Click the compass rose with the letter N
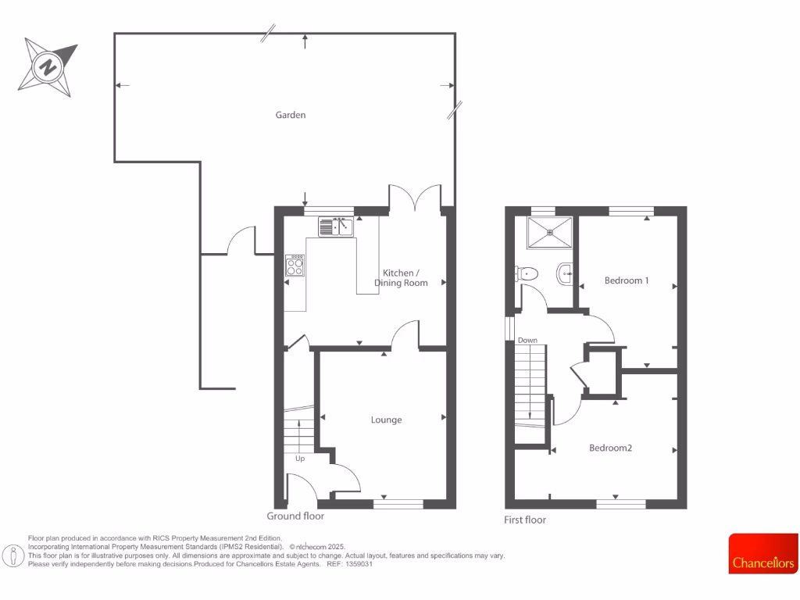click(x=48, y=66)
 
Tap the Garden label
click(x=291, y=115)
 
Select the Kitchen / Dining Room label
click(x=401, y=277)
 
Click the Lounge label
click(x=386, y=420)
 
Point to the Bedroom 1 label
click(x=627, y=280)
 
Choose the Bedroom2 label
click(x=610, y=448)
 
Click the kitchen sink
click(x=336, y=227)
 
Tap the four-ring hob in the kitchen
click(x=295, y=266)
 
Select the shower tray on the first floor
click(x=549, y=231)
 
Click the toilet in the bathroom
click(x=527, y=273)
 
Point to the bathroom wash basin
click(x=566, y=273)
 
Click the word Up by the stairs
click(x=300, y=459)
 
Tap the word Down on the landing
click(x=527, y=341)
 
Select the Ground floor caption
click(x=295, y=516)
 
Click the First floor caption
click(x=525, y=520)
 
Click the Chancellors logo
click(x=763, y=553)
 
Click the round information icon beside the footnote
click(x=13, y=555)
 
